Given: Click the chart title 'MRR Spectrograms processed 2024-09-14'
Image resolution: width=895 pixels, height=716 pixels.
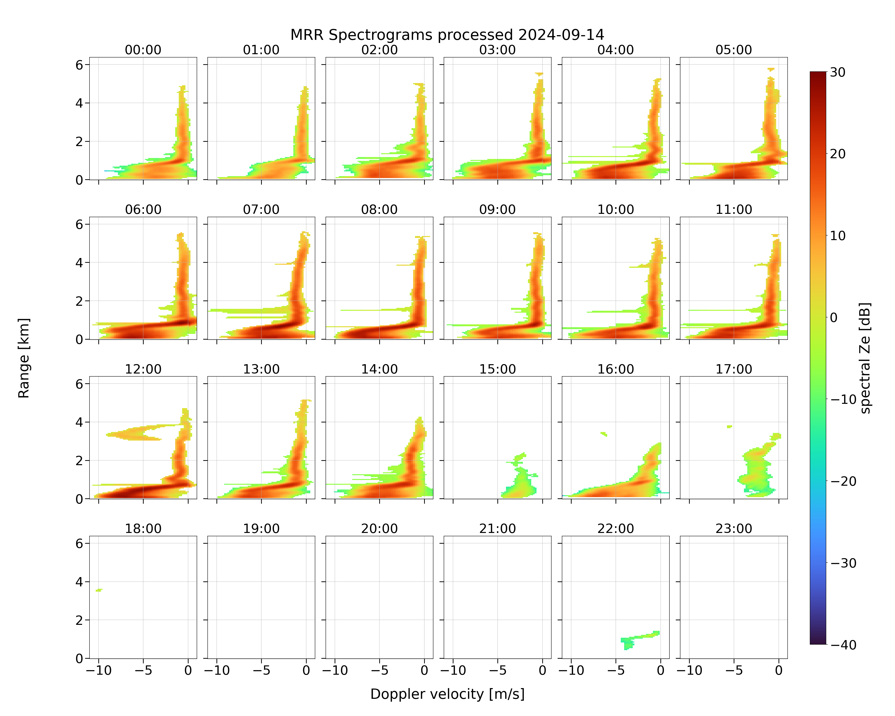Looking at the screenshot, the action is (x=447, y=35).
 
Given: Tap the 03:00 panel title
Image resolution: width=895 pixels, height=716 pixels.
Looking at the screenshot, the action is (x=497, y=50).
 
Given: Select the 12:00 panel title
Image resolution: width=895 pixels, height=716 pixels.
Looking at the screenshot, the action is (x=143, y=369).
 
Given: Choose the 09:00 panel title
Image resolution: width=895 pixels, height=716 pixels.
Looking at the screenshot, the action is (x=497, y=210).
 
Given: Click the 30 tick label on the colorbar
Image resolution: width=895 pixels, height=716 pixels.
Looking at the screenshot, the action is (x=838, y=72).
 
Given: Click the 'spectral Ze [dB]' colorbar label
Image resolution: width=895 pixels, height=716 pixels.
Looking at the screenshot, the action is (x=865, y=358).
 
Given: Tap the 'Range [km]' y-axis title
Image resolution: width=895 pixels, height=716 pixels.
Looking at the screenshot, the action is (x=24, y=358).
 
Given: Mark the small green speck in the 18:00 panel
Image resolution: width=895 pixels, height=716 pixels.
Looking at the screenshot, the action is (x=99, y=590).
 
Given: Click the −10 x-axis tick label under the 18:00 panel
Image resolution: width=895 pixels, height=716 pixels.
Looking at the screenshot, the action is (x=99, y=670).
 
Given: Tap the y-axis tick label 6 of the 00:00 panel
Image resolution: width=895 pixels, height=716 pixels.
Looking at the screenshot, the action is (x=79, y=65).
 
